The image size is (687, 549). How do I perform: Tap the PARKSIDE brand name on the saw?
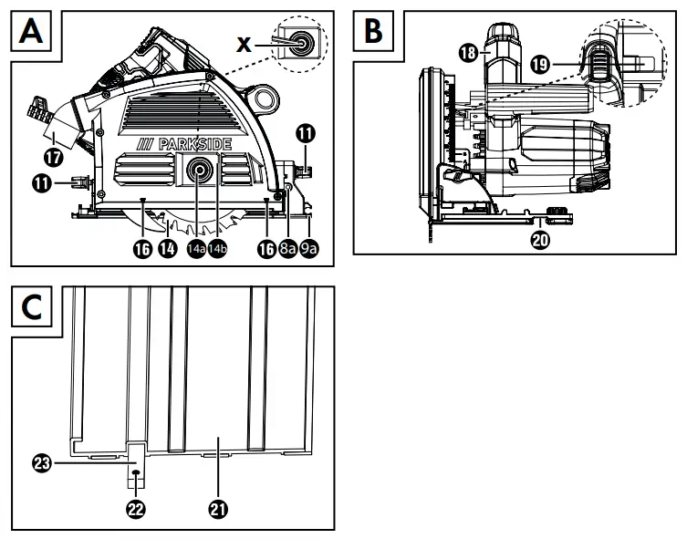click(182, 145)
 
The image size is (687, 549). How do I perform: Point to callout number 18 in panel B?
click(469, 54)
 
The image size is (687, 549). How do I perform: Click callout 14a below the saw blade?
click(196, 248)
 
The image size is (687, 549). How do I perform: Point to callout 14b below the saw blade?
click(217, 248)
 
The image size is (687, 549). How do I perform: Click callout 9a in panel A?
click(310, 248)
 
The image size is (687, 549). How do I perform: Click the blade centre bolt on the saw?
click(199, 170)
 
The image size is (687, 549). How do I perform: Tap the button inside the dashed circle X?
click(297, 40)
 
